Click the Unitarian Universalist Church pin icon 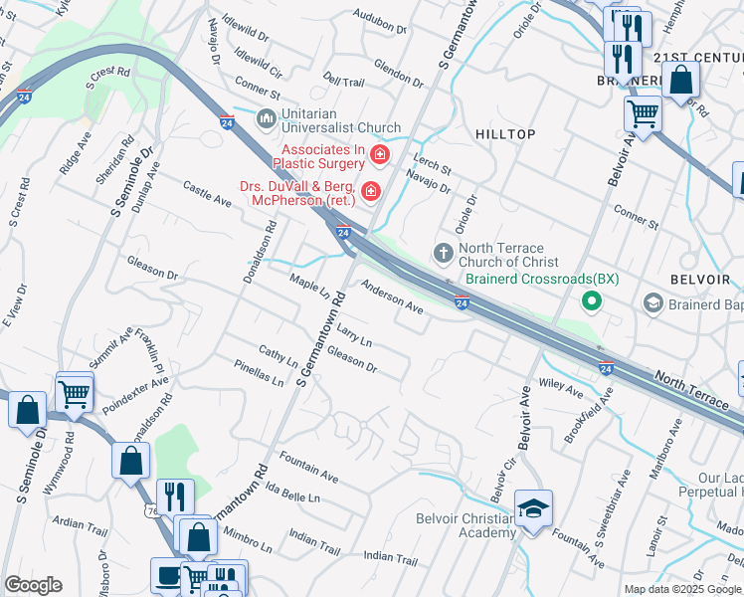click(x=266, y=119)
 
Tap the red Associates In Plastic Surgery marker click(x=379, y=154)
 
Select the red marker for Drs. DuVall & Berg click(x=371, y=190)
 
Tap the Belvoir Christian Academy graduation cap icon click(x=533, y=509)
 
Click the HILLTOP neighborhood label click(x=505, y=134)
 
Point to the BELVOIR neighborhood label click(x=702, y=281)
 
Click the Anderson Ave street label click(x=392, y=298)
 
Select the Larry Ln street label click(x=354, y=334)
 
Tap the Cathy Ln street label click(x=278, y=354)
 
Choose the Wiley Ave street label click(x=560, y=386)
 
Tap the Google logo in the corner click(x=33, y=585)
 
